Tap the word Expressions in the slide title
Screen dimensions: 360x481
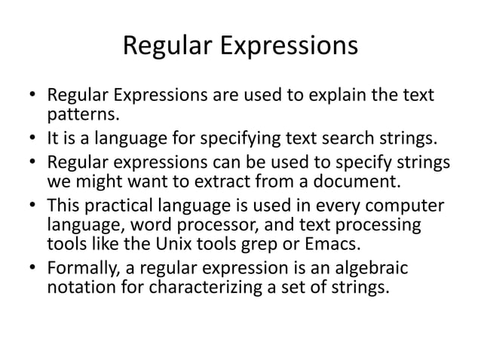click(290, 49)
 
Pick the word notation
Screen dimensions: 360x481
click(78, 286)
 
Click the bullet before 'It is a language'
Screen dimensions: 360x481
click(32, 137)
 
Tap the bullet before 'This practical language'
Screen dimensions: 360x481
click(32, 206)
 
